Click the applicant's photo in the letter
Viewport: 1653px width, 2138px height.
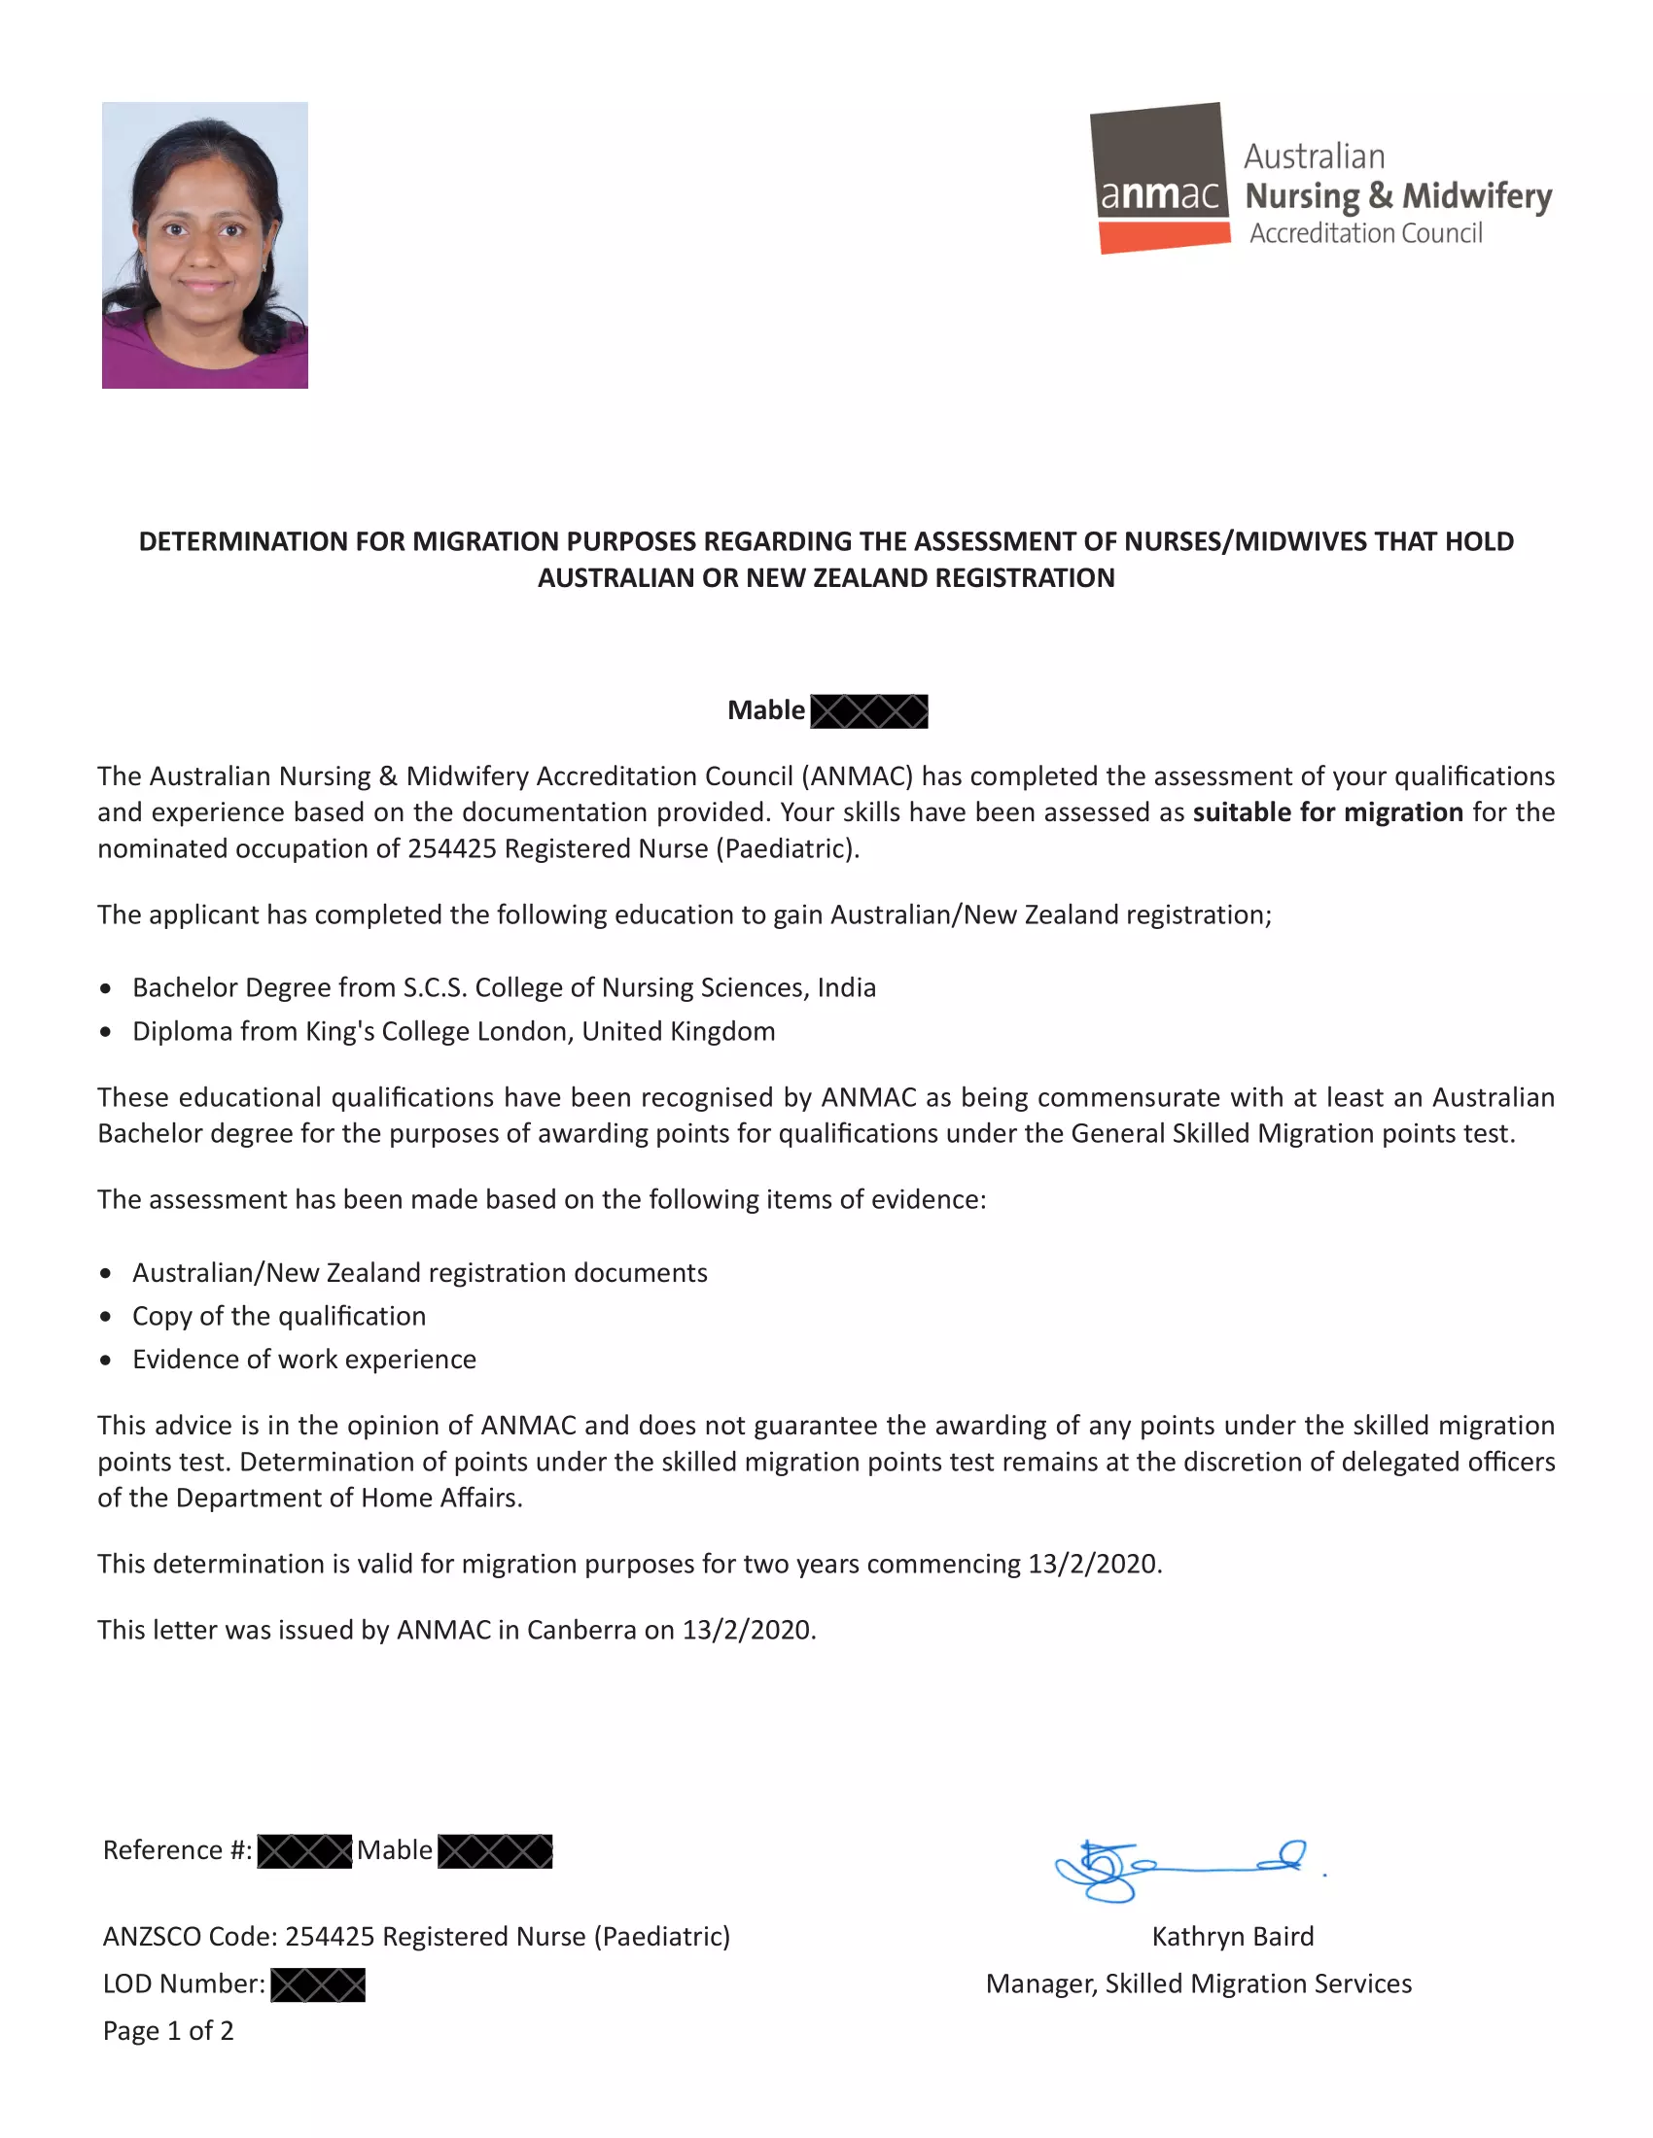point(204,245)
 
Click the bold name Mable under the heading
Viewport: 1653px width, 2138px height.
point(766,710)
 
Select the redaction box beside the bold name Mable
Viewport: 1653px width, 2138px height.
point(869,711)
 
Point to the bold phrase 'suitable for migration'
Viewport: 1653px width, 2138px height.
point(1327,812)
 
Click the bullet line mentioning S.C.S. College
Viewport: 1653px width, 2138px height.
point(504,987)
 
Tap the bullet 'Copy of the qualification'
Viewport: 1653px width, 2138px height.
point(279,1317)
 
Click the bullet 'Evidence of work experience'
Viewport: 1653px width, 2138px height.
point(303,1360)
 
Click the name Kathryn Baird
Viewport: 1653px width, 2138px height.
point(1232,1937)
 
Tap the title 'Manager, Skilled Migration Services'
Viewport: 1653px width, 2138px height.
point(1199,1984)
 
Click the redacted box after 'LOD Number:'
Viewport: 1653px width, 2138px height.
point(317,1985)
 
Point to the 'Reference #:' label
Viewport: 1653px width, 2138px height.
point(177,1851)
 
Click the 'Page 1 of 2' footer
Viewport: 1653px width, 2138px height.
point(168,2031)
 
